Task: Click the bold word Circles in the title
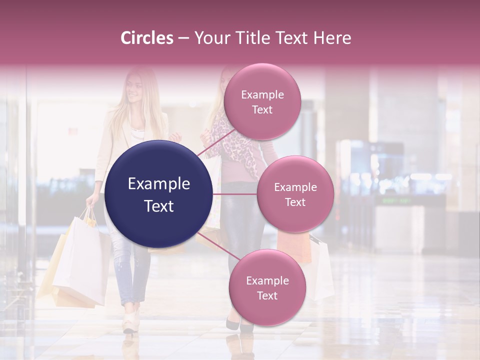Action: [x=147, y=38]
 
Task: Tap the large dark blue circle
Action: [x=158, y=194]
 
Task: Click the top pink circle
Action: [x=262, y=102]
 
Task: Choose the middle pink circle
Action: [x=295, y=194]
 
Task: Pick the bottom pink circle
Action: [x=267, y=287]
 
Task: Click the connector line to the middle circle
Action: [x=235, y=194]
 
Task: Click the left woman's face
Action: [x=133, y=90]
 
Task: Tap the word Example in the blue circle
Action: [x=158, y=184]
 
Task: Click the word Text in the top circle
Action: [x=262, y=109]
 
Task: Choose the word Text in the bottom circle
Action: [x=267, y=295]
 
